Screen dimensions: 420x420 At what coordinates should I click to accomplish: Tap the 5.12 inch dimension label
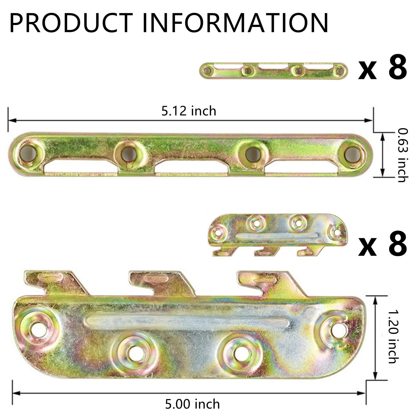(x=189, y=111)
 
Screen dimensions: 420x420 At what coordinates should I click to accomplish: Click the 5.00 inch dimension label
(x=192, y=404)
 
